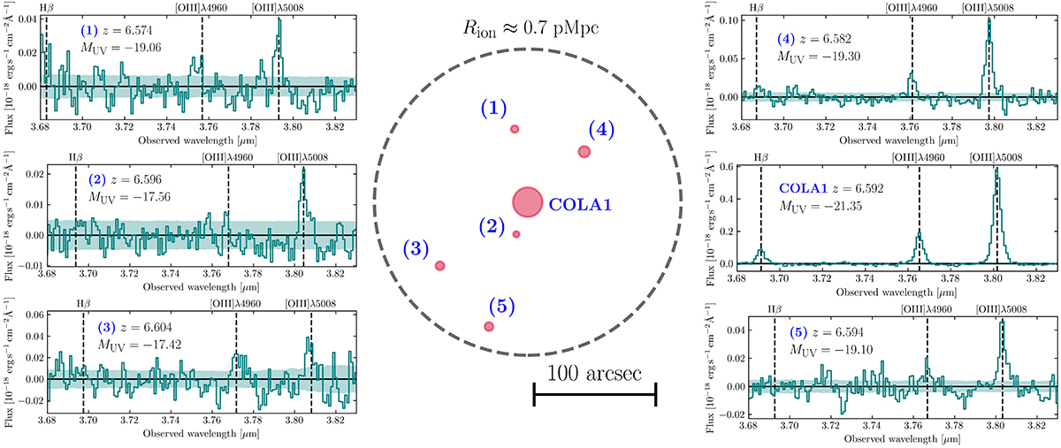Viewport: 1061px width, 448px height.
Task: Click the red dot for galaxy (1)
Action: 514,130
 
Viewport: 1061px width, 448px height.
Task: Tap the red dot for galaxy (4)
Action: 584,151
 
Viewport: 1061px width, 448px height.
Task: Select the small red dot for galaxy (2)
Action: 516,234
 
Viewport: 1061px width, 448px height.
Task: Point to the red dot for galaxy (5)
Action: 489,327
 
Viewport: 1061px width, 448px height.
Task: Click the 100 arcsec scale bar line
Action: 594,395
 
